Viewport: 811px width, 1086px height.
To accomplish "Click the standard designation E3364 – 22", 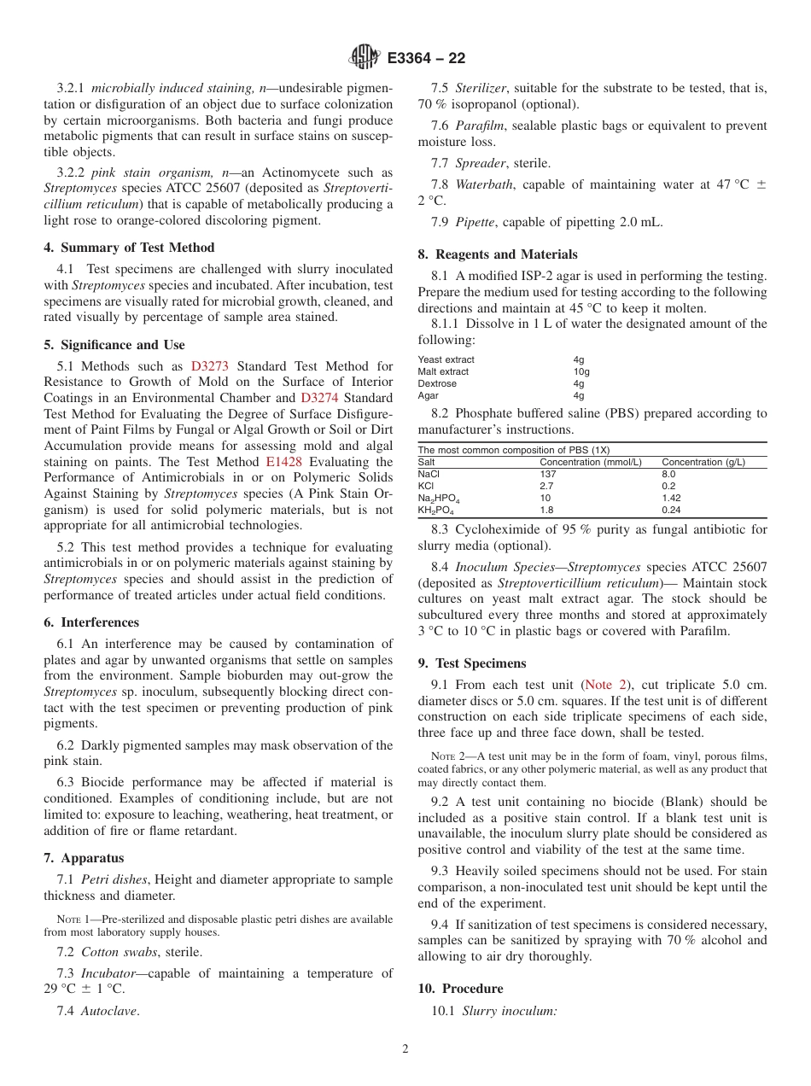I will tap(425, 59).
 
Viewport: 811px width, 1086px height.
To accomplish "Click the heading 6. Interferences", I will tap(91, 622).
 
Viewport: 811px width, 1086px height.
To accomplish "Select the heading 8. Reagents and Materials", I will tap(497, 254).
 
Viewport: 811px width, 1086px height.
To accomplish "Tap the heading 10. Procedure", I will tap(460, 989).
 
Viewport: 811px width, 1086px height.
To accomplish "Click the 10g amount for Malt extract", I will tap(581, 371).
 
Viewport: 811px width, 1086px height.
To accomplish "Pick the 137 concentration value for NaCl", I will tap(548, 474).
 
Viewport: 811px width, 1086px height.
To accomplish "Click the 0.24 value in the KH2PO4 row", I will tap(672, 510).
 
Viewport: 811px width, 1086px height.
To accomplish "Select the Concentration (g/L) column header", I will tap(703, 462).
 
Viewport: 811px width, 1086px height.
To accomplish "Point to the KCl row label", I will tap(425, 486).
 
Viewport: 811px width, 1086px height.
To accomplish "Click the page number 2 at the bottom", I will tap(405, 1049).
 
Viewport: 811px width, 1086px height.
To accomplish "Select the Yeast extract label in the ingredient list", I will tap(446, 359).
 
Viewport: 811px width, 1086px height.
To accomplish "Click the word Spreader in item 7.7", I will tap(479, 163).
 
